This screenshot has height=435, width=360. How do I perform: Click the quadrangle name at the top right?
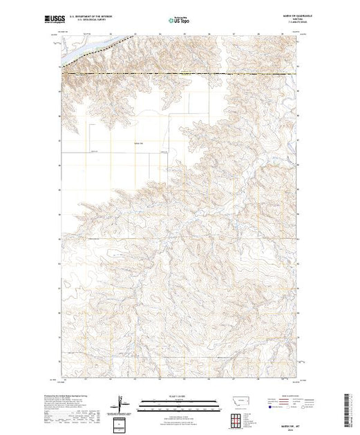[x=279, y=16]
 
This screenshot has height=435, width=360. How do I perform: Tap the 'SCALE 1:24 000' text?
[x=179, y=399]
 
